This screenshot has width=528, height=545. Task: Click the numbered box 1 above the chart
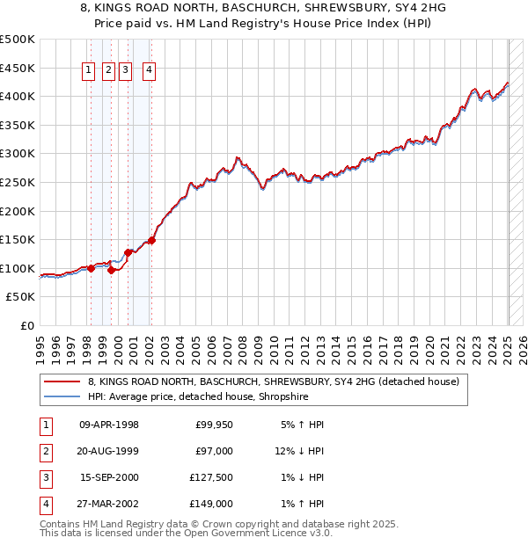tap(90, 71)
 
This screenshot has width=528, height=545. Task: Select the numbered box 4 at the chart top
tap(150, 71)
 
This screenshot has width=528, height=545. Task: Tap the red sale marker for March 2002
tap(151, 240)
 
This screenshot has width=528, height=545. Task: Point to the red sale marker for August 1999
tap(111, 270)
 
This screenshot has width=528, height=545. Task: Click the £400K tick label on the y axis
tap(18, 96)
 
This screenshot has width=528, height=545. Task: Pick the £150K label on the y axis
tap(18, 239)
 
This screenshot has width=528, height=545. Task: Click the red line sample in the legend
tap(62, 382)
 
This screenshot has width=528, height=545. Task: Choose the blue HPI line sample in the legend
tap(62, 397)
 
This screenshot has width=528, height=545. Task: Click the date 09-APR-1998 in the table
tap(109, 425)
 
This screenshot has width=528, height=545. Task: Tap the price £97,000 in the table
tap(214, 451)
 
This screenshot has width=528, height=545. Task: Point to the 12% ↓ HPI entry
tap(299, 451)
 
